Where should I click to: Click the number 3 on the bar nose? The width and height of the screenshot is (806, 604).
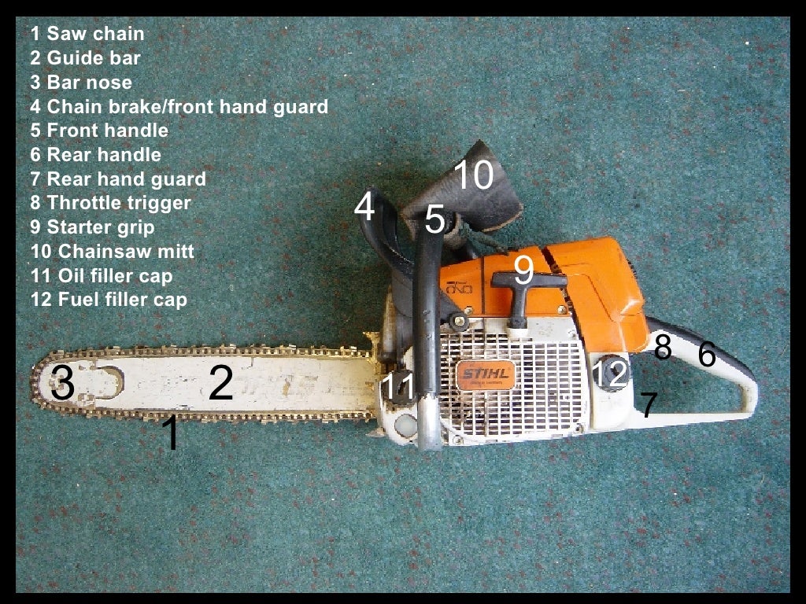(62, 385)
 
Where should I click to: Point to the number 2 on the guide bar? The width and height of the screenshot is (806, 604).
(220, 383)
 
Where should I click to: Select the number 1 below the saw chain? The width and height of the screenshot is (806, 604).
(170, 434)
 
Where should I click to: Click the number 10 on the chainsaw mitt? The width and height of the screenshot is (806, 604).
(473, 175)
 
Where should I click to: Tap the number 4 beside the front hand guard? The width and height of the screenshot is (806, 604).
(364, 208)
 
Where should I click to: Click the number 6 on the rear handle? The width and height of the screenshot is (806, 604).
(707, 355)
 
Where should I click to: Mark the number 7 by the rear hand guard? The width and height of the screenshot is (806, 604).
(649, 405)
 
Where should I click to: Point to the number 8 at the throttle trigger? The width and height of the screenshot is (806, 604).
(662, 347)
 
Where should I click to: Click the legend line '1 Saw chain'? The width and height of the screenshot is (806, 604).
(87, 34)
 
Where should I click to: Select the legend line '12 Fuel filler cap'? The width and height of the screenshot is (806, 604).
(109, 300)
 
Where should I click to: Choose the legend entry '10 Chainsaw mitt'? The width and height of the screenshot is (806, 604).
(112, 252)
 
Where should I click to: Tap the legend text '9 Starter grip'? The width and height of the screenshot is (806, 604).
(93, 227)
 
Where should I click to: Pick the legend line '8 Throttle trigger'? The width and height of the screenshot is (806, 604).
(111, 203)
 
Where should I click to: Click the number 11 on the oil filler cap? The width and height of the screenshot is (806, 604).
(397, 386)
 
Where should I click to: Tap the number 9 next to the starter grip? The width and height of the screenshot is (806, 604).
(524, 270)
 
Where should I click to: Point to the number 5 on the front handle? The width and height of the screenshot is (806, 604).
(434, 220)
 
